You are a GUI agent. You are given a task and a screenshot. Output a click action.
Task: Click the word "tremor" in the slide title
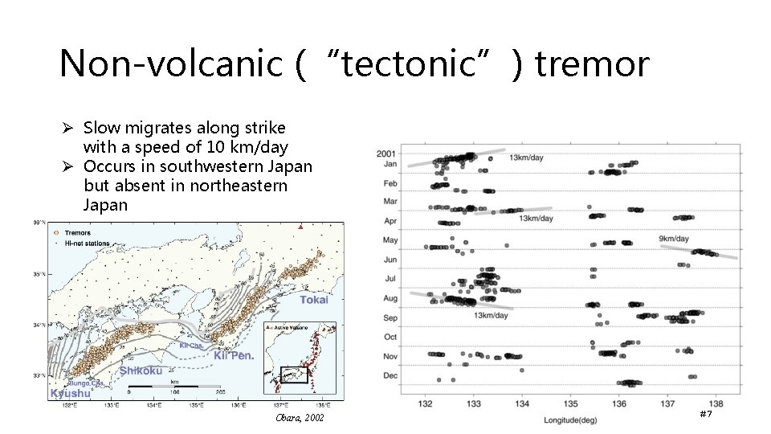click(591, 63)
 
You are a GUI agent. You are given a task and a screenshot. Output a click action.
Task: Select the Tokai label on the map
click(313, 300)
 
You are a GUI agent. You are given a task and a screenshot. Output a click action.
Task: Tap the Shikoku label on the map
click(141, 371)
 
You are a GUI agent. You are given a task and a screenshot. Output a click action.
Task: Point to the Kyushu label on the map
click(70, 394)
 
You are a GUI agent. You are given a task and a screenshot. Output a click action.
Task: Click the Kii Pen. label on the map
click(234, 355)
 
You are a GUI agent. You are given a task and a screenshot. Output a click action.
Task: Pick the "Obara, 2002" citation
click(300, 419)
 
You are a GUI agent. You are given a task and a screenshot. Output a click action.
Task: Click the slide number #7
click(706, 414)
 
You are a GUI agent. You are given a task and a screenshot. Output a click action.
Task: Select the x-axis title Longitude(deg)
click(574, 420)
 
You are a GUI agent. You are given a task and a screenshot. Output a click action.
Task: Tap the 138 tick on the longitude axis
click(716, 403)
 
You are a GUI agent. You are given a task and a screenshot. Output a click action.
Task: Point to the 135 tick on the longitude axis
click(571, 403)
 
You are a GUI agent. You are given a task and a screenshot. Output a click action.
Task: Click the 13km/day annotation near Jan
click(526, 158)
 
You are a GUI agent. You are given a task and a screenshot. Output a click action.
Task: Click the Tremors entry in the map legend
click(77, 233)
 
